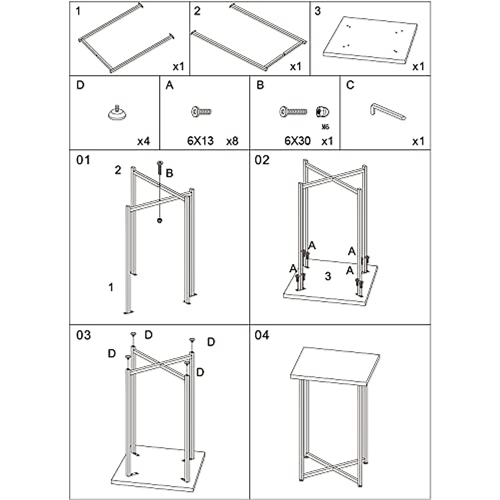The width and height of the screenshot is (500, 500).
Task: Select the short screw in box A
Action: (x=202, y=112)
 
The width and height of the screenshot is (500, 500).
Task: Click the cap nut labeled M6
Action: (x=323, y=112)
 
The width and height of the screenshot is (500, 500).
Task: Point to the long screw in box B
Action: (x=293, y=111)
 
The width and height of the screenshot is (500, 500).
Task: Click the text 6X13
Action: (x=200, y=141)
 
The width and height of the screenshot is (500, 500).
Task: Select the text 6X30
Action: (x=297, y=141)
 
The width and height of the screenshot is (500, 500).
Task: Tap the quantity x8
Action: (x=232, y=141)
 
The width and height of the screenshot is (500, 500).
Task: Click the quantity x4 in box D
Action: (x=143, y=141)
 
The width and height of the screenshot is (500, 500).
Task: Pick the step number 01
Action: (x=83, y=160)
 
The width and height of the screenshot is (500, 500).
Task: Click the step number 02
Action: (x=262, y=160)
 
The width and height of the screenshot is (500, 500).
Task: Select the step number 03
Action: (x=83, y=335)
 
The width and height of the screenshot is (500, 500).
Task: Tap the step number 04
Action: (x=262, y=335)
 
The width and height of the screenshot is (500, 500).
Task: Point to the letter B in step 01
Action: (x=169, y=173)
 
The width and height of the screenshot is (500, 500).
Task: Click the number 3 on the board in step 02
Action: (x=328, y=276)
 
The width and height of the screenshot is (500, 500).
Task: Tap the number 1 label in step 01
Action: (x=110, y=287)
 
